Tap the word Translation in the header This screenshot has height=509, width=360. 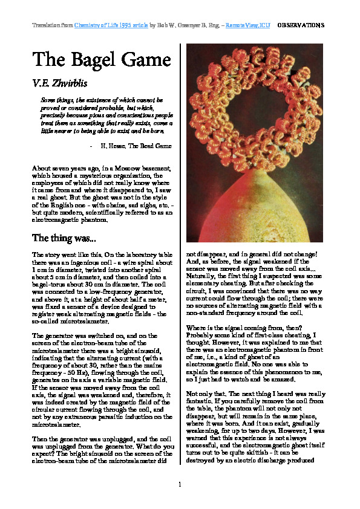tap(46, 25)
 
